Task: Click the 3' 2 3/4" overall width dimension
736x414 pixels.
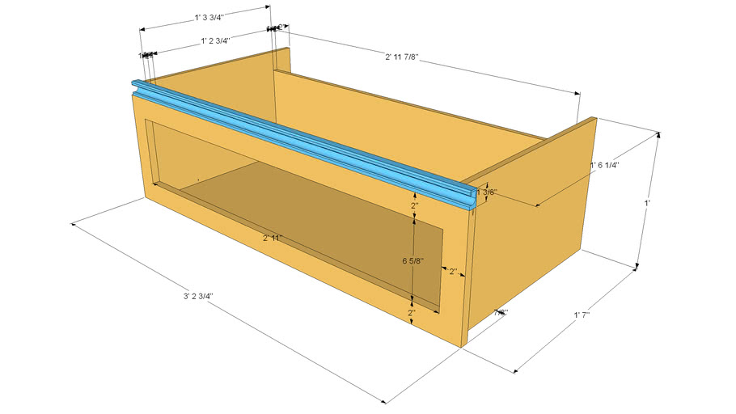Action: click(198, 297)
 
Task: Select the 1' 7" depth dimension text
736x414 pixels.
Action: click(587, 315)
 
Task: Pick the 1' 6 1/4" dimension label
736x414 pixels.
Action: click(604, 165)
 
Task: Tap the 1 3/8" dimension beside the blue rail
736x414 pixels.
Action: click(488, 192)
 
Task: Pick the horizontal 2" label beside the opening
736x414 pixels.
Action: click(453, 271)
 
